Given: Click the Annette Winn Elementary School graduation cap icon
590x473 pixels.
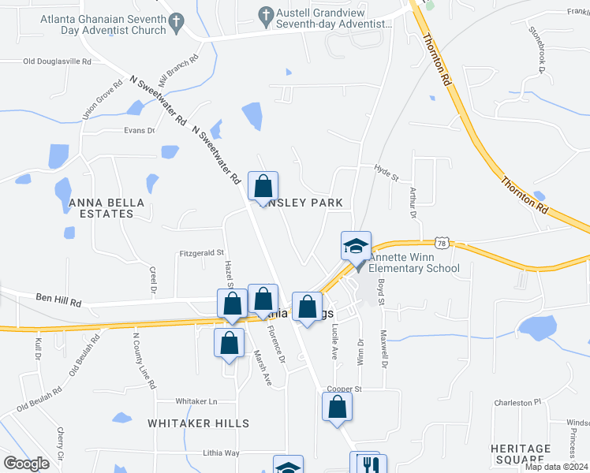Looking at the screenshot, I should (x=356, y=246).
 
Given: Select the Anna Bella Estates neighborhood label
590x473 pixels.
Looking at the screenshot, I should (x=107, y=208).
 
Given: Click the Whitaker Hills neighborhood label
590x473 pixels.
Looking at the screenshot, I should (x=199, y=423).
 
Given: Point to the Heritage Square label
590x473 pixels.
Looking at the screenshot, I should (x=520, y=453).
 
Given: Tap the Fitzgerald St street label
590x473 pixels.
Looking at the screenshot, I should (x=203, y=253).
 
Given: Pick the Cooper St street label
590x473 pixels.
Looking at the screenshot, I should (x=344, y=389).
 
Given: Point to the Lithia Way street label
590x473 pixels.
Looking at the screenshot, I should (x=220, y=453).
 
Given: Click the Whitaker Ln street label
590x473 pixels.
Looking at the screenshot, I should (x=196, y=401).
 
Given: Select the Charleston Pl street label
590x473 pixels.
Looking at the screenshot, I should (x=517, y=402).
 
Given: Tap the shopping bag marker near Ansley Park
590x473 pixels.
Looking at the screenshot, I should (x=263, y=187).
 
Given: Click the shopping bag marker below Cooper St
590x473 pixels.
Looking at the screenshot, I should (x=337, y=408).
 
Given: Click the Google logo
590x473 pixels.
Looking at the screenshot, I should (x=26, y=464).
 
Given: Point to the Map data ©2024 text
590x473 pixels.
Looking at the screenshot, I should (x=556, y=467).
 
